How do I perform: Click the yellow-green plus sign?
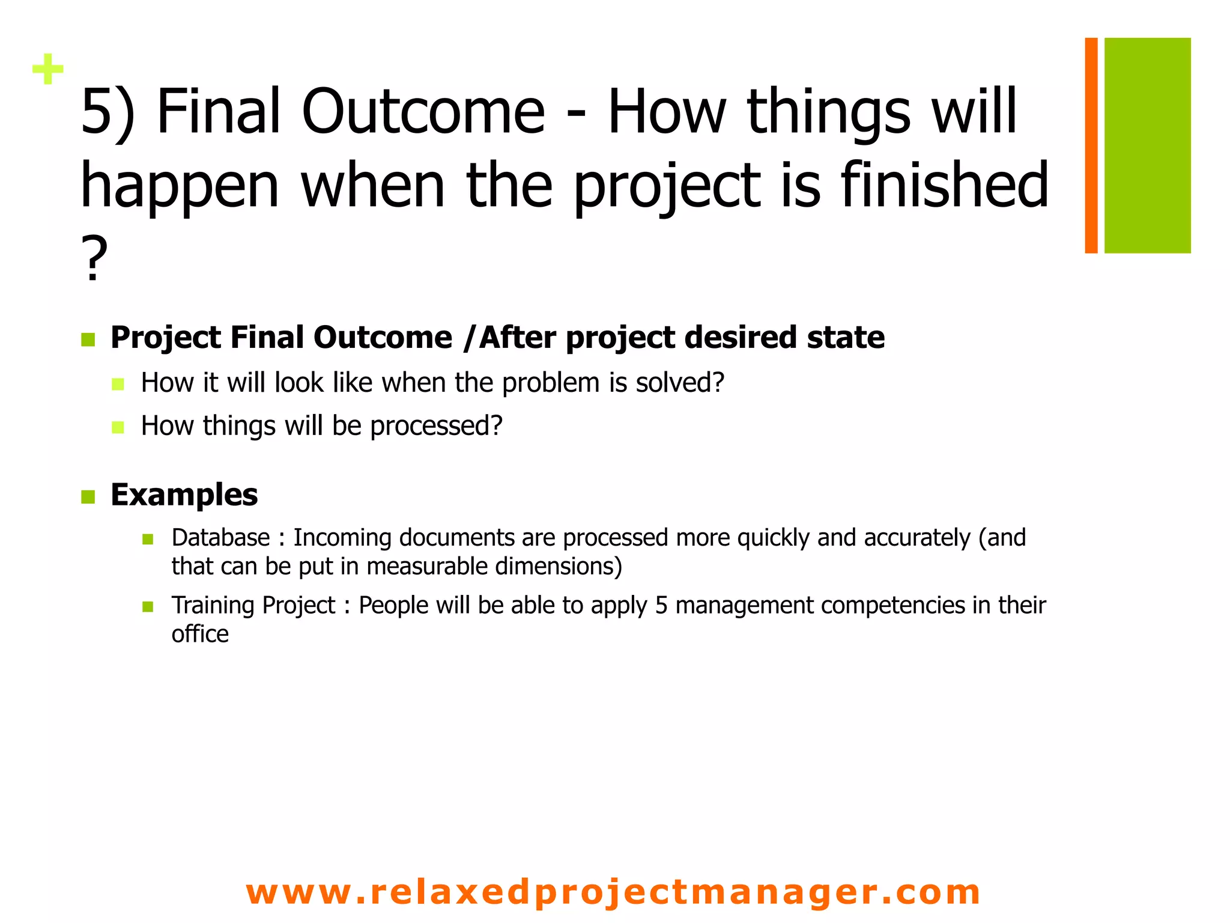48,70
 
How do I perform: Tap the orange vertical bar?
1091,145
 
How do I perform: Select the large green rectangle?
1147,145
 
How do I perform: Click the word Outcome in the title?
423,112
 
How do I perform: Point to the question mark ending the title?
94,258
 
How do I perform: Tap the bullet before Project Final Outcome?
88,340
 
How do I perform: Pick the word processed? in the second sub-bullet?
436,426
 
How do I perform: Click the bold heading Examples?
184,495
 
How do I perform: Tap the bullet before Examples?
88,498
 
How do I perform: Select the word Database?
220,538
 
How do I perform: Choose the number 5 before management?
661,606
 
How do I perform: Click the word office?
200,635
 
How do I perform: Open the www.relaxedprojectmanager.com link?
613,892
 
